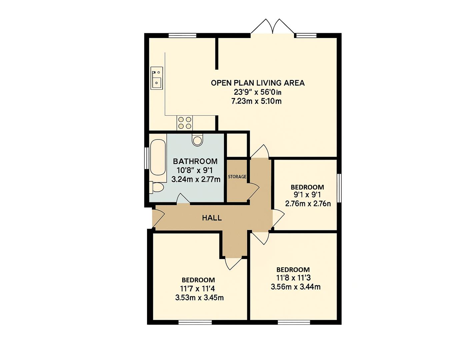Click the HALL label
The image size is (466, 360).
coord(212,218)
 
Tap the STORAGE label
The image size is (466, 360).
coord(237,177)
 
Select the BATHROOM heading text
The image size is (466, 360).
coord(195,161)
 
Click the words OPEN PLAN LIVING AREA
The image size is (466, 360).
coord(258,83)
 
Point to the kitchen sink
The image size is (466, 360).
coord(157,78)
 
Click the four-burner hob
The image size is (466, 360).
coord(185,123)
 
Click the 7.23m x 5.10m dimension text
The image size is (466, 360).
coord(256,101)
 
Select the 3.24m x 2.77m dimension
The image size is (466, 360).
coord(196,179)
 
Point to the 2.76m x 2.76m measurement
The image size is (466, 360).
coord(308,203)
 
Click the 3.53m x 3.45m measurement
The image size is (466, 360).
coord(199,298)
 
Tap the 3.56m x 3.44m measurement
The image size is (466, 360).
coord(296,287)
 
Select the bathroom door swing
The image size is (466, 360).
coord(183,198)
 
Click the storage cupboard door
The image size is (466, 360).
coord(253,191)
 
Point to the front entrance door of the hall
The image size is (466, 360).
coord(158,218)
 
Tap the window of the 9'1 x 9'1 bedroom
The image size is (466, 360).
coord(339,188)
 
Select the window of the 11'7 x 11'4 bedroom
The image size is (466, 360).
coord(195,328)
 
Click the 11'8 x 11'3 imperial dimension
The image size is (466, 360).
coord(293,278)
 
